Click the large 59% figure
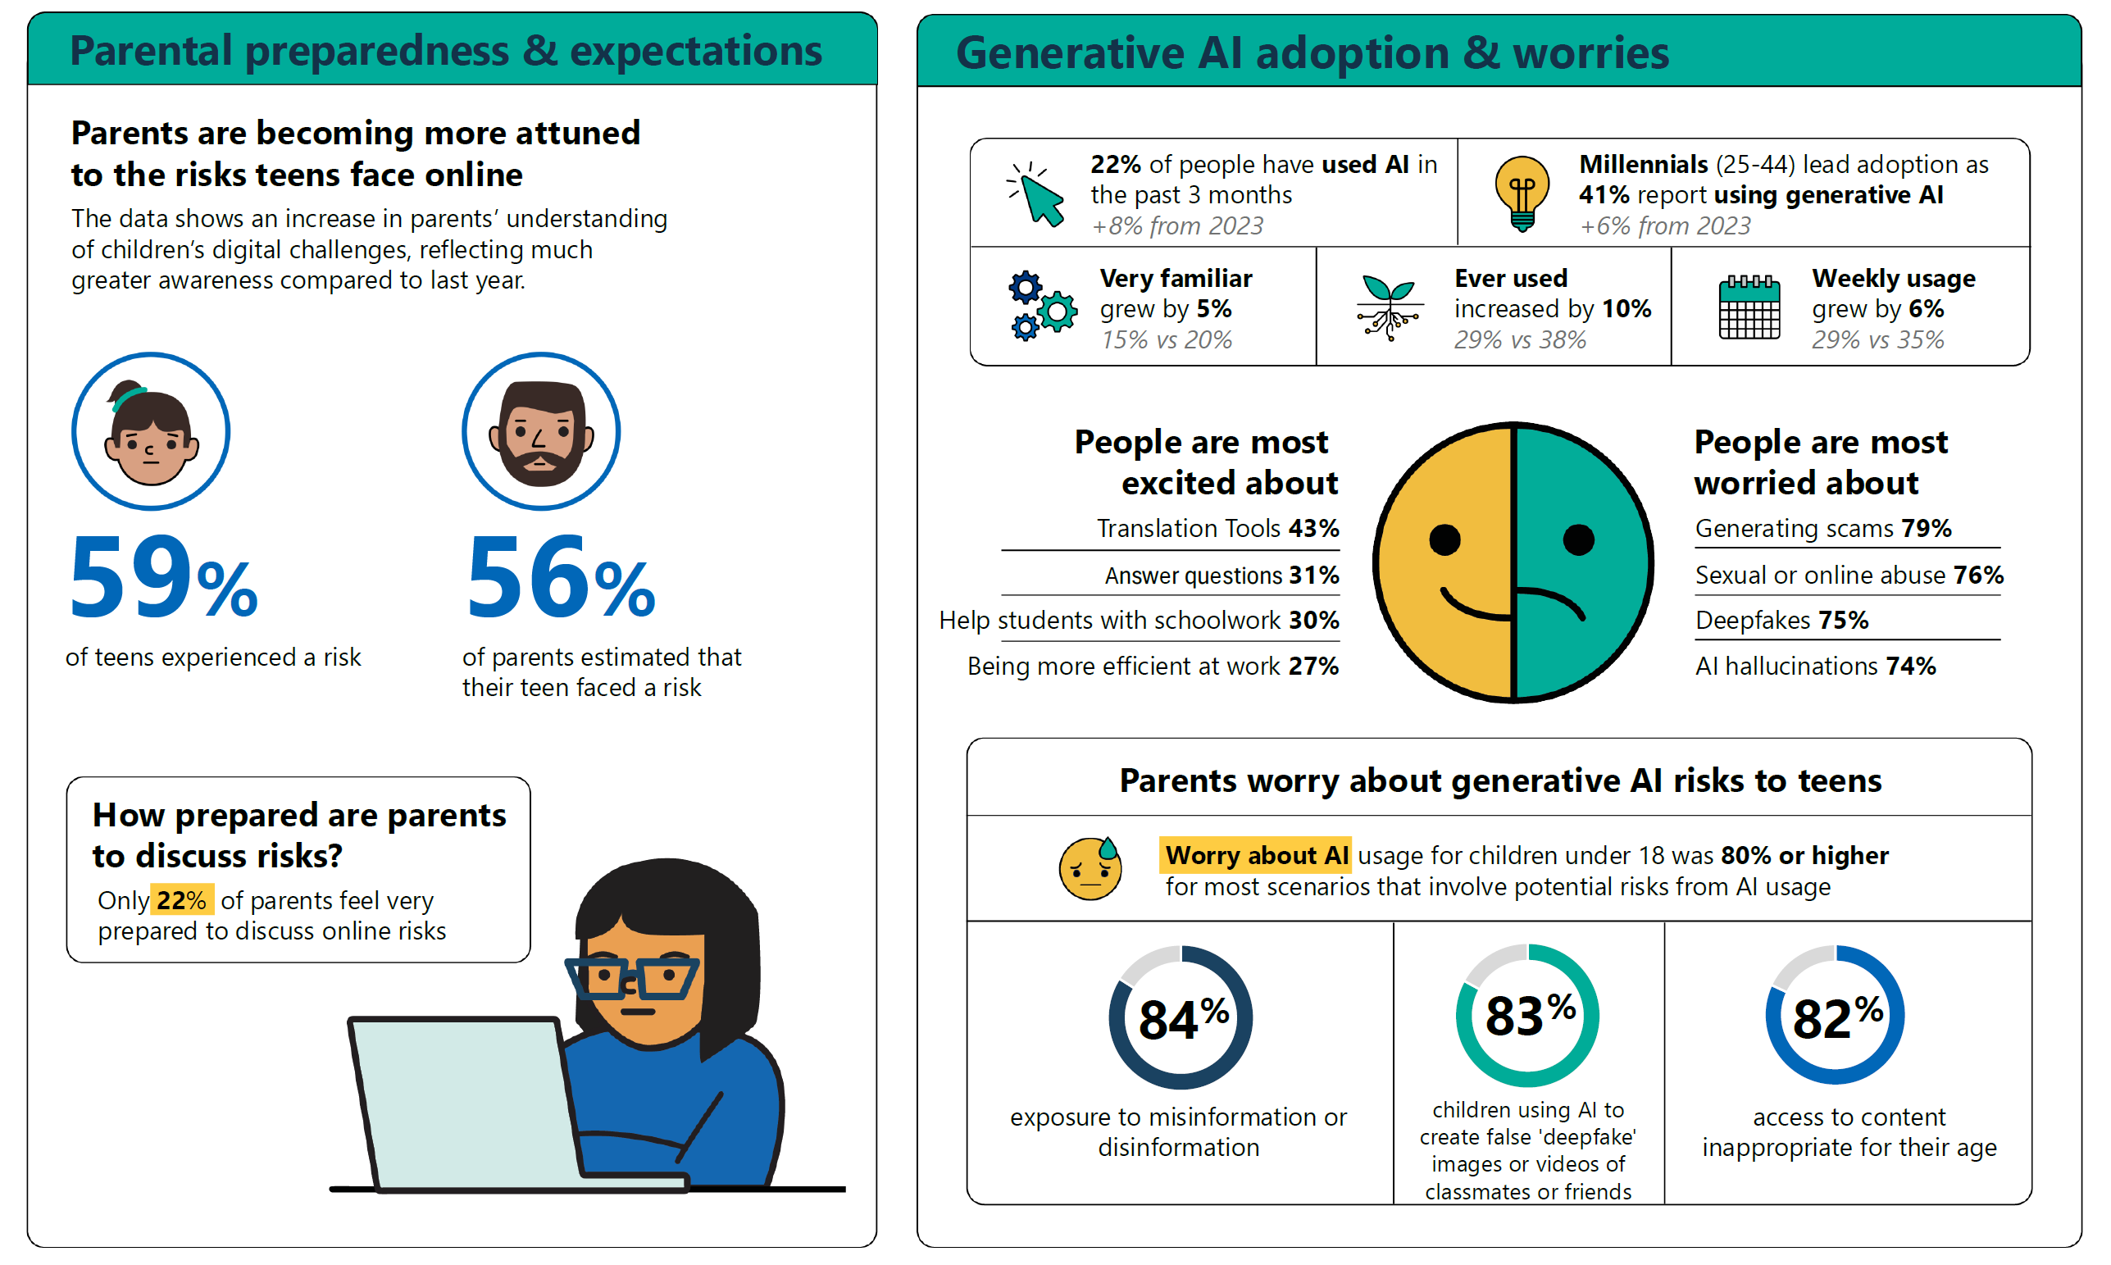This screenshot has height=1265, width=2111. click(164, 577)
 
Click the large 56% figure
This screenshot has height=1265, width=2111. click(561, 577)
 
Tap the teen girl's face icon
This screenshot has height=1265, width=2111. click(151, 431)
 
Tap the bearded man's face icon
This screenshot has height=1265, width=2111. click(541, 431)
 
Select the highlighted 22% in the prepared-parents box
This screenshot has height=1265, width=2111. click(181, 900)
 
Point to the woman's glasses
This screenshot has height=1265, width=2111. click(631, 979)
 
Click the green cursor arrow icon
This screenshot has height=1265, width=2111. click(1036, 194)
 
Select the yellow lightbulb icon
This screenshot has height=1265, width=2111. click(1522, 193)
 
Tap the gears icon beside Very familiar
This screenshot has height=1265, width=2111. click(1042, 306)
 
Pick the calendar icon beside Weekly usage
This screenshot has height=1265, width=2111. click(1749, 307)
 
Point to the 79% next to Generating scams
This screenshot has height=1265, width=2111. click(1926, 529)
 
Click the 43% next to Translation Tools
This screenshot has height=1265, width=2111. click(1313, 529)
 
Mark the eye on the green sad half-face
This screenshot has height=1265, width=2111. click(1578, 539)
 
